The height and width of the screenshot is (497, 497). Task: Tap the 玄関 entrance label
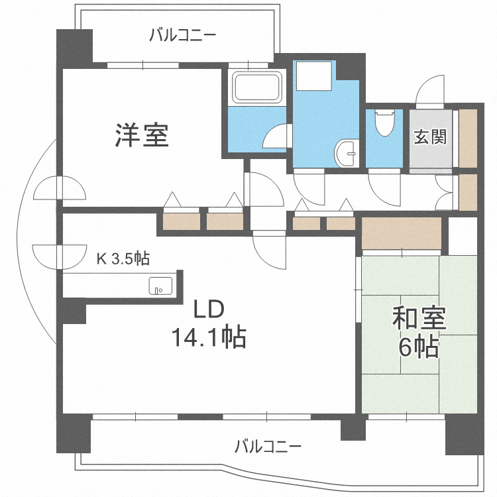pos(430,137)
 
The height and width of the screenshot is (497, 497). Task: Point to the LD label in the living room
pos(209,310)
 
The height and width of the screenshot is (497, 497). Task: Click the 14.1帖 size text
pos(209,339)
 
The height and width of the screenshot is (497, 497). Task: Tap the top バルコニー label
pos(182,35)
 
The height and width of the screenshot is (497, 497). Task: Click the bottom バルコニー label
pos(268,445)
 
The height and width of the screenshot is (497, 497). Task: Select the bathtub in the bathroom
pos(256,87)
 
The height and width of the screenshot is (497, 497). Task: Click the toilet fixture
pos(384,122)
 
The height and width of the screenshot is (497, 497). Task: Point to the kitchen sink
pos(160,286)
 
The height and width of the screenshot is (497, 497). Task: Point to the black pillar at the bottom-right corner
pos(465,433)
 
